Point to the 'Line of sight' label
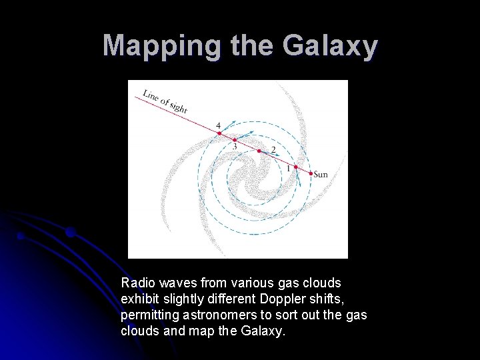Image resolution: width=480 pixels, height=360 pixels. pos(165,101)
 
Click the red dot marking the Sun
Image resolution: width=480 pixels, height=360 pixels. pos(311,173)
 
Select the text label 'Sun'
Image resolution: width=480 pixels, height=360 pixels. pos(321,175)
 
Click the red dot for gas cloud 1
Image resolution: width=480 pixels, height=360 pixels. pos(295,166)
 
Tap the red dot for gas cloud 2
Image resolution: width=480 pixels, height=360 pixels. pos(259,151)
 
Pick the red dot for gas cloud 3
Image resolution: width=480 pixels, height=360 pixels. pos(235,140)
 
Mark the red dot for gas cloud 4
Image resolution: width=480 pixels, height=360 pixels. pos(219,133)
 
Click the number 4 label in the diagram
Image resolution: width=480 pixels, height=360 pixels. pos(218,125)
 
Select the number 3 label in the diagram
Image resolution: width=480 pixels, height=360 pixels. pos(234,147)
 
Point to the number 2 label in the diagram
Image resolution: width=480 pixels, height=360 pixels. pos(273,149)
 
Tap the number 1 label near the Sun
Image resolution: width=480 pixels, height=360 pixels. pos(288,169)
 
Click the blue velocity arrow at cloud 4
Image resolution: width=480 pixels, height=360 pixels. pos(227,127)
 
